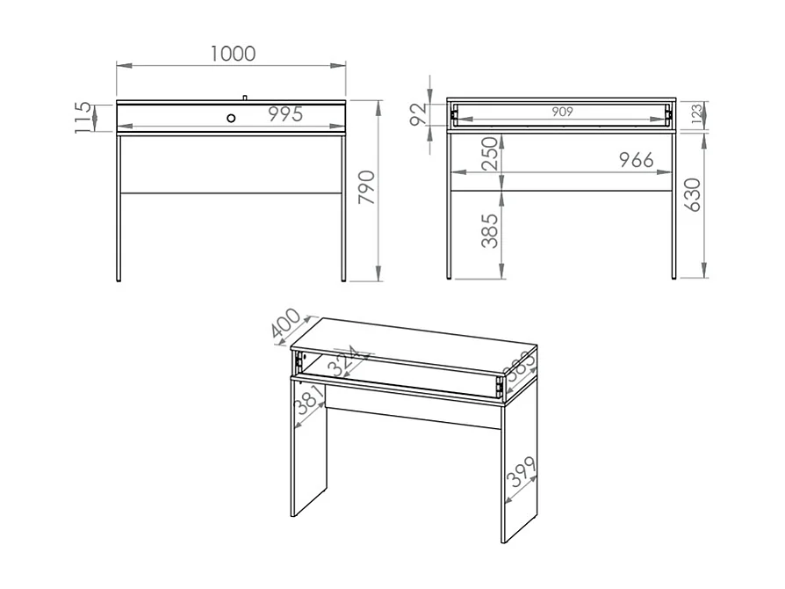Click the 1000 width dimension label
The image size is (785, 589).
tap(233, 55)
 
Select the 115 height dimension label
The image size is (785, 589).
tap(83, 116)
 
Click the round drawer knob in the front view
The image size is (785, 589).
tap(231, 117)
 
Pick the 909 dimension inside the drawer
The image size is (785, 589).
tap(563, 112)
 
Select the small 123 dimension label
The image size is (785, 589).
tap(696, 115)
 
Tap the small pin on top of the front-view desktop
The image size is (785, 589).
tap(245, 97)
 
